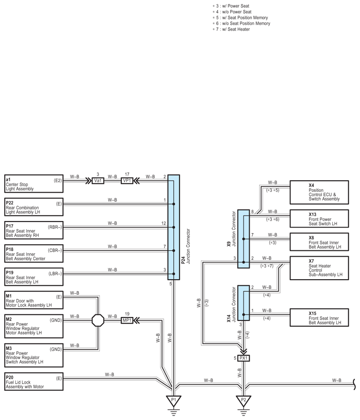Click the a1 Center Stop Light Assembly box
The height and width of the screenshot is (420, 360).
[x=34, y=183]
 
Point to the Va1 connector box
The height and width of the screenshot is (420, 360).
[x=98, y=181]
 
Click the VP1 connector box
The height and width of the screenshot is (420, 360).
[x=127, y=181]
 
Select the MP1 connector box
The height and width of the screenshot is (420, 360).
[x=127, y=320]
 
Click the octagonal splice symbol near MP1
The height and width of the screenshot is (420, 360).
[x=98, y=320]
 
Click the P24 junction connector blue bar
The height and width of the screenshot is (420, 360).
[x=173, y=227]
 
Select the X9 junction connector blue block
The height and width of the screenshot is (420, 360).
[x=243, y=238]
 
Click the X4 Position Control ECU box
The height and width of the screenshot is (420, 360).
[x=319, y=192]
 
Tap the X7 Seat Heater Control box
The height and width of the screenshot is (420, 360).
[x=319, y=268]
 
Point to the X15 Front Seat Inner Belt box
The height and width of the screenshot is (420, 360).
[x=319, y=317]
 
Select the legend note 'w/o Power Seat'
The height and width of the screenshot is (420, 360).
[x=234, y=12]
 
